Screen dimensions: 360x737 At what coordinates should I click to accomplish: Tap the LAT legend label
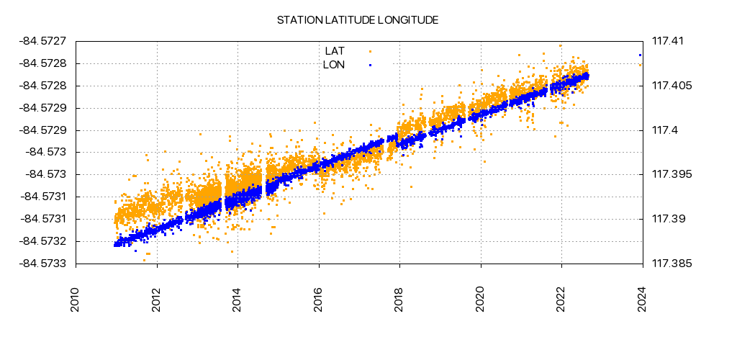(x=335, y=51)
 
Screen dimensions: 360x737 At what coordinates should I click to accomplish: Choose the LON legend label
(x=334, y=65)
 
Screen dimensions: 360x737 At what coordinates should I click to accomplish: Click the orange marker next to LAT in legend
(x=370, y=51)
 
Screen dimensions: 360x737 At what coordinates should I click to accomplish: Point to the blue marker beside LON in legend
(x=370, y=65)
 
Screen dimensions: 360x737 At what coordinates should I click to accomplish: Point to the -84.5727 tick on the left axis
(x=44, y=42)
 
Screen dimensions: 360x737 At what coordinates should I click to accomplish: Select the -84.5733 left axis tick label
(x=44, y=264)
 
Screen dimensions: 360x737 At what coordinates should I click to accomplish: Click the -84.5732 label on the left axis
(x=44, y=241)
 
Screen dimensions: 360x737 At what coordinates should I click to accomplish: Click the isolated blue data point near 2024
(x=640, y=55)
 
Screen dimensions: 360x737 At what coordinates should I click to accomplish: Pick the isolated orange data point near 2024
(x=640, y=65)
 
